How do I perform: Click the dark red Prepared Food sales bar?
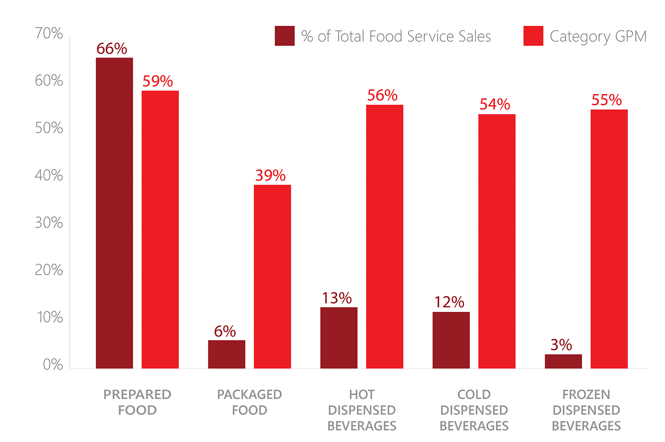pos(114,213)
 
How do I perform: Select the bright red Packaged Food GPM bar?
pos(272,277)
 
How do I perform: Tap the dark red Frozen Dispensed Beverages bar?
pos(563,361)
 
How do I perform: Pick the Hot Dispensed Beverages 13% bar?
pos(339,338)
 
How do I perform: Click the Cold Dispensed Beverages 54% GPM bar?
pos(497,241)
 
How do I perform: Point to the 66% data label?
pos(112,49)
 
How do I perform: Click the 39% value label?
pos(270,176)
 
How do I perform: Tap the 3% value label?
pos(561,345)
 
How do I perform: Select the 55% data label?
pos(606,100)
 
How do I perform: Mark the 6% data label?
pos(225,332)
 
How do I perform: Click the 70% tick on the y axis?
pos(49,34)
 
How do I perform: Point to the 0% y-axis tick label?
pos(53,365)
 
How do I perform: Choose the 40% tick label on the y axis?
pos(49,176)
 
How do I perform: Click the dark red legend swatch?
pos(285,36)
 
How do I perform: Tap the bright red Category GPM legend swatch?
pos(533,36)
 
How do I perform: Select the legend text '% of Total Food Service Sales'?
pos(396,36)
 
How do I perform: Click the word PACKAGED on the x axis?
pos(249,394)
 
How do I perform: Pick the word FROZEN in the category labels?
pos(586,394)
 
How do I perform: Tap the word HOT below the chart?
pos(362,394)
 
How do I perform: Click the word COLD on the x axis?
pos(474,394)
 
